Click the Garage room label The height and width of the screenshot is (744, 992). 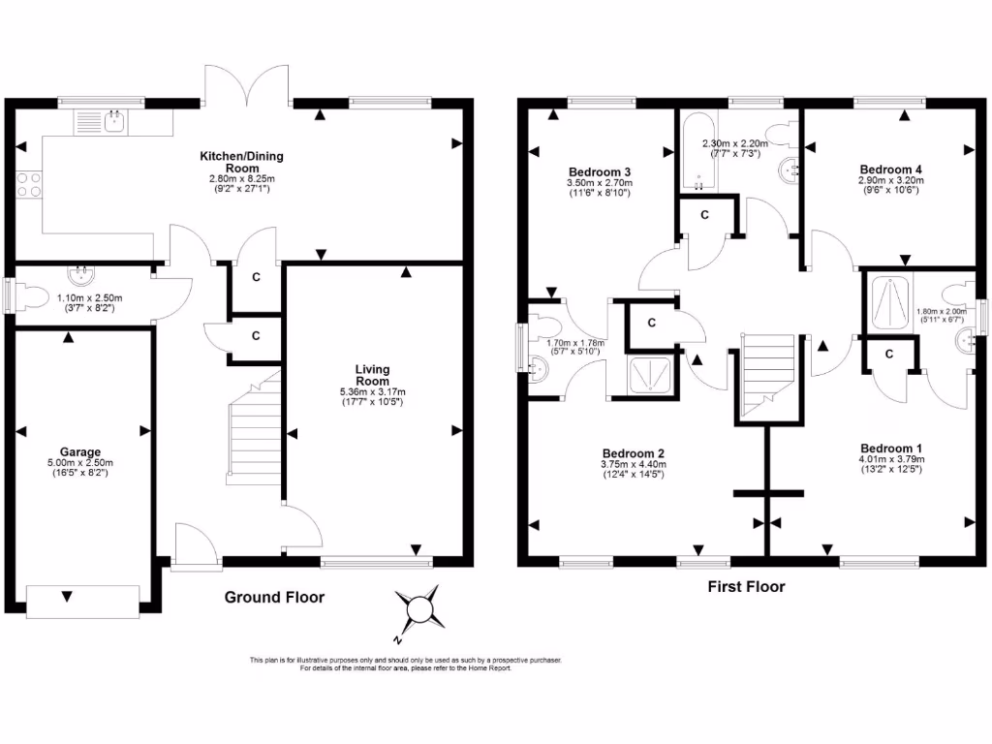pos(80,451)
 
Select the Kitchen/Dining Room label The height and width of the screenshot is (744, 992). pos(241,161)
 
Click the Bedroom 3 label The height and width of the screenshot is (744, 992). pos(599,170)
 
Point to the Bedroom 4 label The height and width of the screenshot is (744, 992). pos(889,169)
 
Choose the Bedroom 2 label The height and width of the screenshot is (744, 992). pos(634,453)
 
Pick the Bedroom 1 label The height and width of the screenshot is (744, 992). pos(890,448)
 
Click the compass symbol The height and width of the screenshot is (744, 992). pos(420,609)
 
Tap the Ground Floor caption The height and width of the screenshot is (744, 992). pos(274,598)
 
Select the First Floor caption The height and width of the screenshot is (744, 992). pos(746,586)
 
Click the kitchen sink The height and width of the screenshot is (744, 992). pos(114,122)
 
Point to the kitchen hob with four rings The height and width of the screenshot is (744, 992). pos(28,184)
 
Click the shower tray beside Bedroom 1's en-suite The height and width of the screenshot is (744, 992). pos(888,301)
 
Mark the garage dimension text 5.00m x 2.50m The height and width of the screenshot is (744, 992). pos(80,463)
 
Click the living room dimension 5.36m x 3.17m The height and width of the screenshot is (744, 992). pos(372,392)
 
